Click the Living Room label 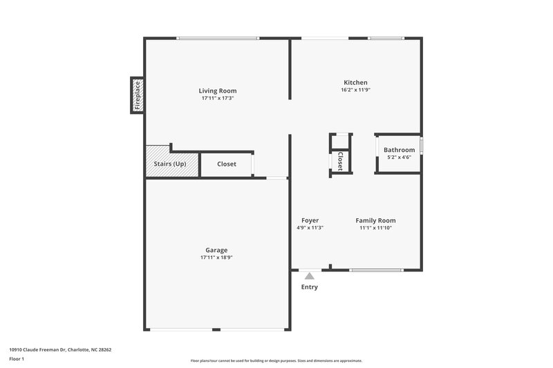click(218, 90)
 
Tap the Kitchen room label click(355, 82)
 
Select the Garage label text click(216, 250)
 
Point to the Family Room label click(375, 220)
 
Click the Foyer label click(310, 220)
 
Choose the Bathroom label click(399, 150)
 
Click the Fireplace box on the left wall click(138, 95)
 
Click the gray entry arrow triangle click(310, 275)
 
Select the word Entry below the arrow click(310, 287)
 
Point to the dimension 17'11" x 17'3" click(218, 99)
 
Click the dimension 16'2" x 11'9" click(355, 90)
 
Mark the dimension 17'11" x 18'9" click(216, 258)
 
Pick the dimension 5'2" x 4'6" click(399, 157)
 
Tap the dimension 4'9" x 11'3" click(310, 228)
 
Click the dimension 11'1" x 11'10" click(375, 228)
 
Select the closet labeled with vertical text click(340, 160)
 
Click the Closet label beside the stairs click(227, 164)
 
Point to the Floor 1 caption click(17, 360)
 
